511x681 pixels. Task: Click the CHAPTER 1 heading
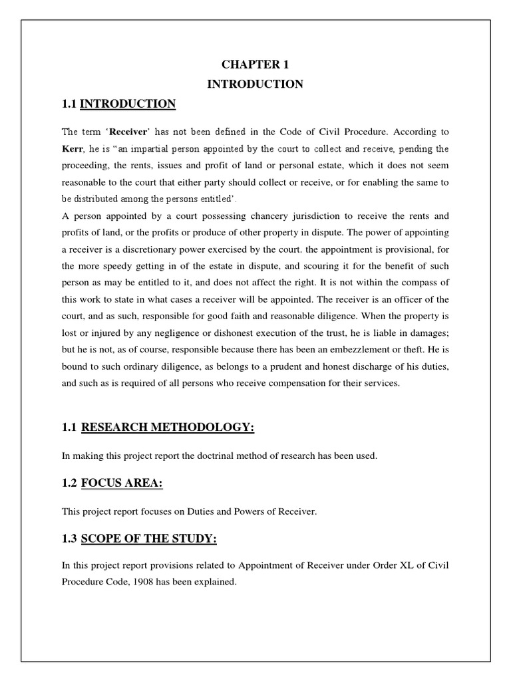(x=255, y=65)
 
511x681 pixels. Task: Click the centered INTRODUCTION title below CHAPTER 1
(x=255, y=84)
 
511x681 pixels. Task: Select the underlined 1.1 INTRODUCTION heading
(x=128, y=104)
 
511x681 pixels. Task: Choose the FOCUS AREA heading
(x=122, y=483)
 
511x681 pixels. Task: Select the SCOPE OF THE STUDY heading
(x=148, y=539)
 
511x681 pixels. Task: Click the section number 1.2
(x=70, y=483)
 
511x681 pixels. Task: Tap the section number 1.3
(x=70, y=539)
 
